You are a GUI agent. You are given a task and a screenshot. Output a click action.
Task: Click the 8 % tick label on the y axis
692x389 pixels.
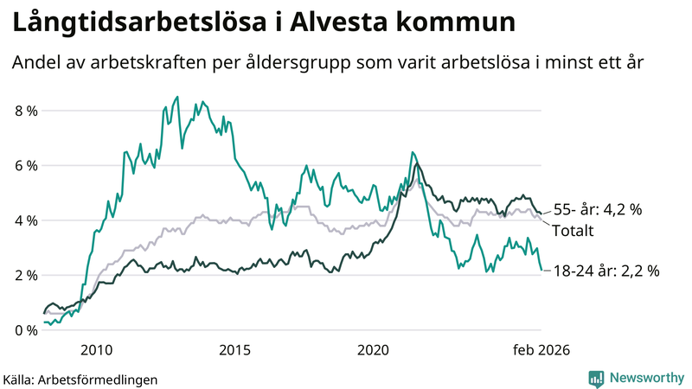26,111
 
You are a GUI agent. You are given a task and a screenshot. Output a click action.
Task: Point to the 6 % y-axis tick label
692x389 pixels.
26,165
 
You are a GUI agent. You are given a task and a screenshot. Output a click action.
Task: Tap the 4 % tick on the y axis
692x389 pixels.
26,220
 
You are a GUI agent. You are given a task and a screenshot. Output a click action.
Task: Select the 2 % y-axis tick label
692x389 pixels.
26,275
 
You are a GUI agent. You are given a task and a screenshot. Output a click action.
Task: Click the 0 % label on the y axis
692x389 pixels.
26,330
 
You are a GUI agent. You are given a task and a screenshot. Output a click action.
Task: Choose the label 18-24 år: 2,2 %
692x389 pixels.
606,271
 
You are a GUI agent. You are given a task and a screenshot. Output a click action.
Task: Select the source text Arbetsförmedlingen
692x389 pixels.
99,379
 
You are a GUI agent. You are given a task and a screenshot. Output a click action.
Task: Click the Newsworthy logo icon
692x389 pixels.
596,378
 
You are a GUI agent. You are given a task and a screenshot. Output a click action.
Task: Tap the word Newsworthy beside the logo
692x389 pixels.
644,378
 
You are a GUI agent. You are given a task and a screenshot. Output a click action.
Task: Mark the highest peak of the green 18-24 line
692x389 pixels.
177,97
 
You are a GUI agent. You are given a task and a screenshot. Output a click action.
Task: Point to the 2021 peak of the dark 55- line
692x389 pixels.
417,163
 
